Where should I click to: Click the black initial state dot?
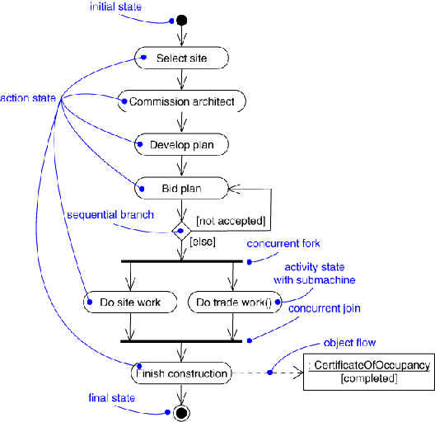[x=182, y=21]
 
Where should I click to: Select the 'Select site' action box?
[x=181, y=58]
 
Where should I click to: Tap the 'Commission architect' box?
[x=182, y=101]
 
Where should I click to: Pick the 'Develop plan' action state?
[x=181, y=144]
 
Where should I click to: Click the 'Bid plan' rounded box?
[x=181, y=188]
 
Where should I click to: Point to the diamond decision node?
[x=181, y=231]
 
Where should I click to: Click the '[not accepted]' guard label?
[x=231, y=221]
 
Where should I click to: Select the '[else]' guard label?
[x=203, y=241]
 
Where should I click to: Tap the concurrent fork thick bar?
[x=182, y=261]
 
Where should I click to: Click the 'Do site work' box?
[x=130, y=302]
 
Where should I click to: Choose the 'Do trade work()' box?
[x=235, y=302]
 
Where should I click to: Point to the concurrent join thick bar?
[x=181, y=341]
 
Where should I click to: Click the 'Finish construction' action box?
[x=181, y=373]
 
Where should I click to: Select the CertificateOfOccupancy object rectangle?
[x=369, y=372]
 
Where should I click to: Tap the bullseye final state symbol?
[x=182, y=413]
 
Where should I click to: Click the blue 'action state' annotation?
[x=28, y=98]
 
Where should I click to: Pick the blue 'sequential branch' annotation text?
[x=110, y=215]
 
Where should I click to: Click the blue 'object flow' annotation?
[x=349, y=343]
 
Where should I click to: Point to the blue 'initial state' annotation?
[x=115, y=7]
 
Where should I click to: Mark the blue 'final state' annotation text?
[x=112, y=398]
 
